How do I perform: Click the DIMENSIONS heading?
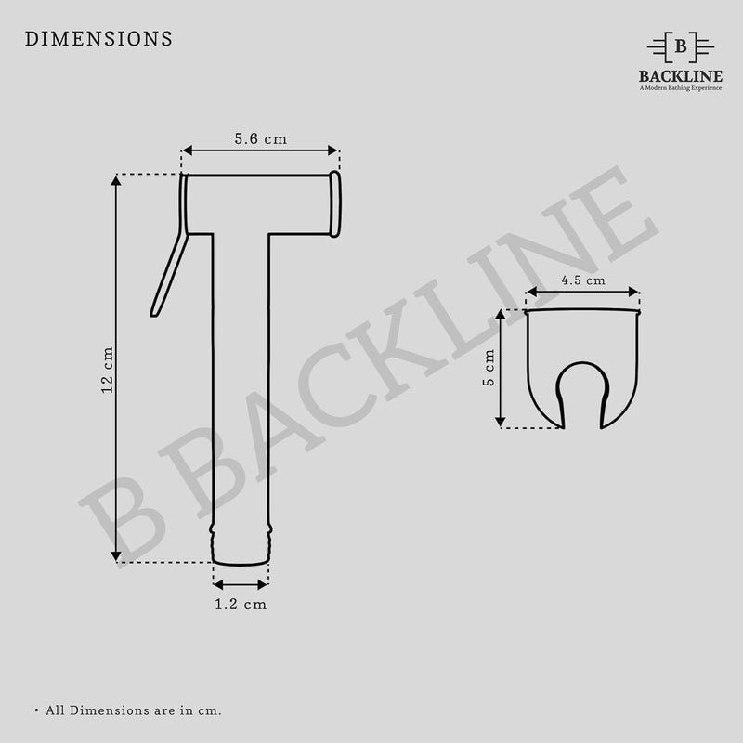coord(98,39)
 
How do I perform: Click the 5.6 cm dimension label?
coord(260,138)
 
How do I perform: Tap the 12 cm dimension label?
coord(108,370)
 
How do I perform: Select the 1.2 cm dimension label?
coord(241,605)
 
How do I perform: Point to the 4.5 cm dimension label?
coord(582,280)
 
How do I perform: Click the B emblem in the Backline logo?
coord(681,46)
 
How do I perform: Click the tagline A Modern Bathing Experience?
coord(681,88)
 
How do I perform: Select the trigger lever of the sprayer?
coord(169,276)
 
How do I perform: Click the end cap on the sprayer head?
coord(334,203)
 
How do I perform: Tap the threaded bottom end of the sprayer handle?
coord(241,543)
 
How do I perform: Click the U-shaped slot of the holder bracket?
coord(582,395)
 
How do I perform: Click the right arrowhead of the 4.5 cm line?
coord(634,293)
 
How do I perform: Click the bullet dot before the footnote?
coord(36,710)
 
